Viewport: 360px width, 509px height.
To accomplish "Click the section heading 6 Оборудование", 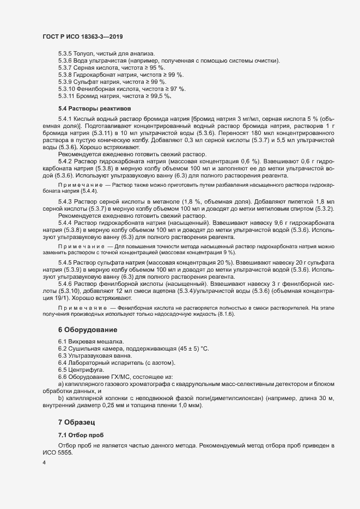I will tap(87, 330).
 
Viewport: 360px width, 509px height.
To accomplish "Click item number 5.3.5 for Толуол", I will tap(65, 53).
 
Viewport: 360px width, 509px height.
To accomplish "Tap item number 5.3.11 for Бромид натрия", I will tap(67, 96).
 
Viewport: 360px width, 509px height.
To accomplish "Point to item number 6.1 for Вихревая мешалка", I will tap(62, 341).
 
